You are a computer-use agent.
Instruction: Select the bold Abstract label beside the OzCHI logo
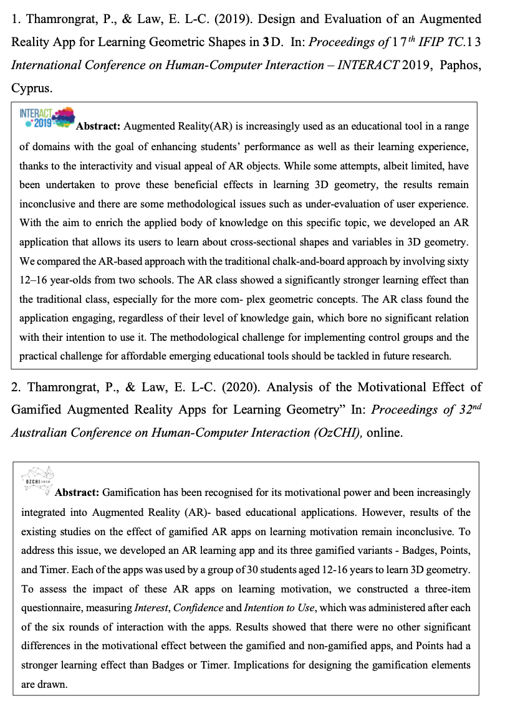(77, 493)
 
